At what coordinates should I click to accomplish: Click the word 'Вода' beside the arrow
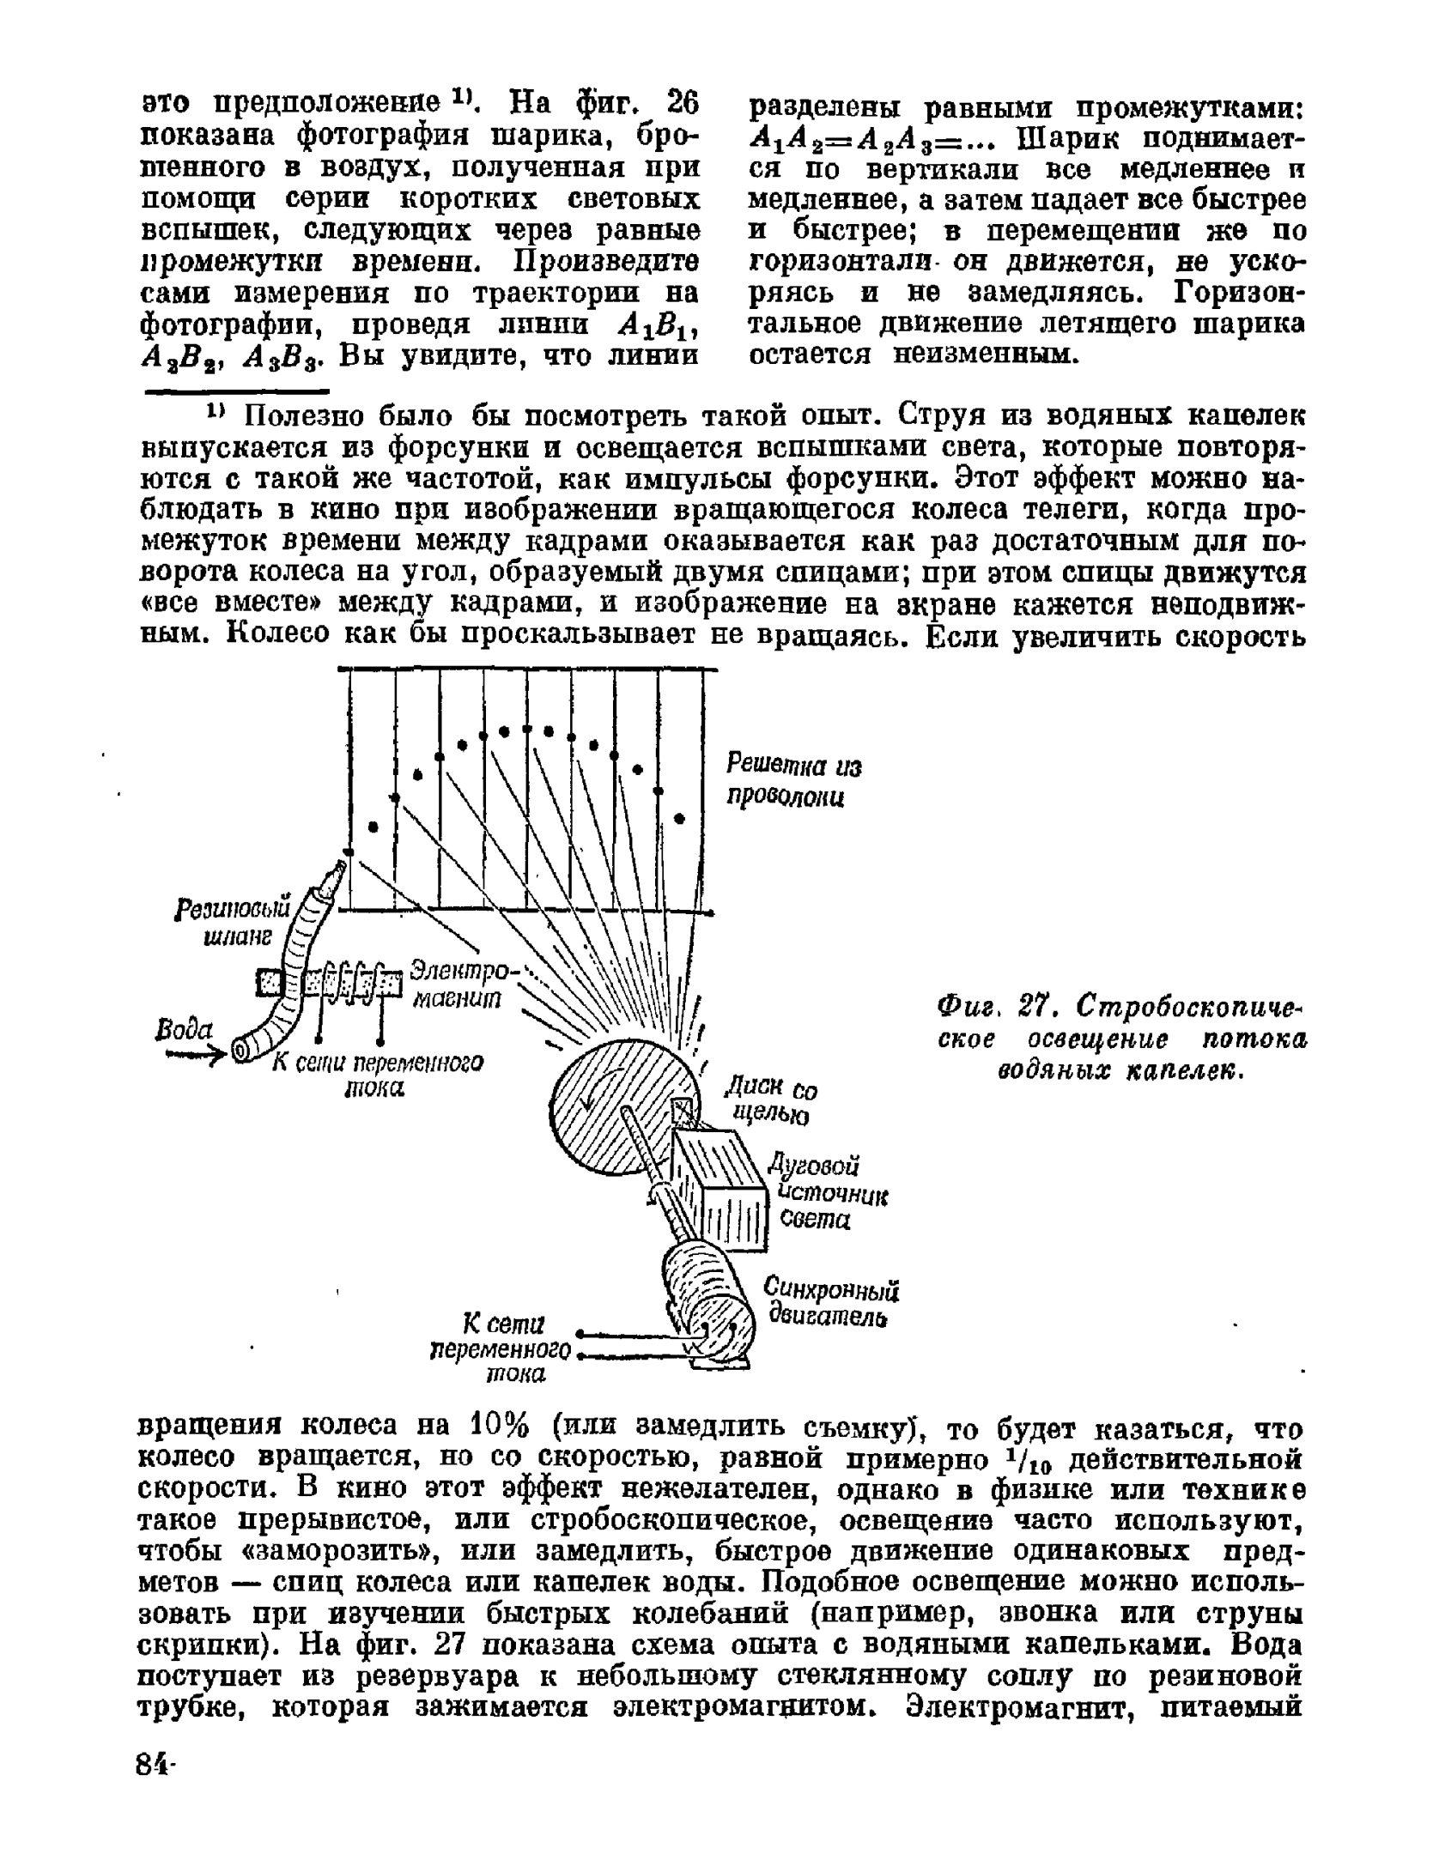pos(185,1028)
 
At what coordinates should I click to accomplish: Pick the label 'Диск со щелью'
pos(769,1100)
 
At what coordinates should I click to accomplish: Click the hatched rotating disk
pos(601,1116)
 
